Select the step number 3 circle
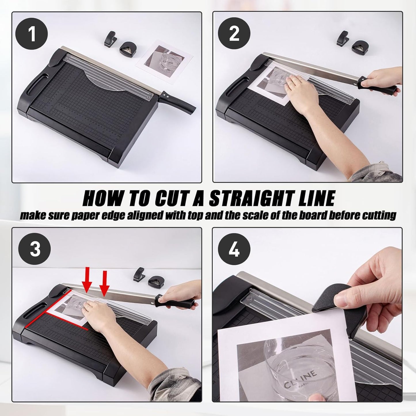pos(35,249)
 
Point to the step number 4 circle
pos(234,249)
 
